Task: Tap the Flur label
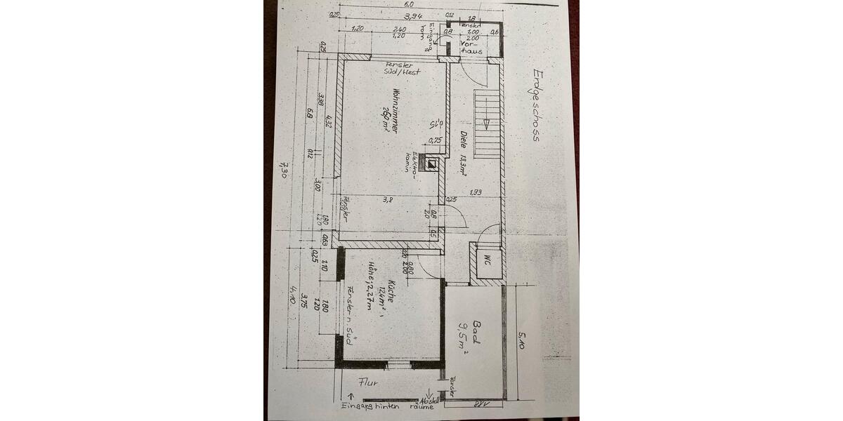368,383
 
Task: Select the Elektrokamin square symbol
433,166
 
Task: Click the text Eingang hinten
369,406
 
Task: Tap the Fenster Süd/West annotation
398,68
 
